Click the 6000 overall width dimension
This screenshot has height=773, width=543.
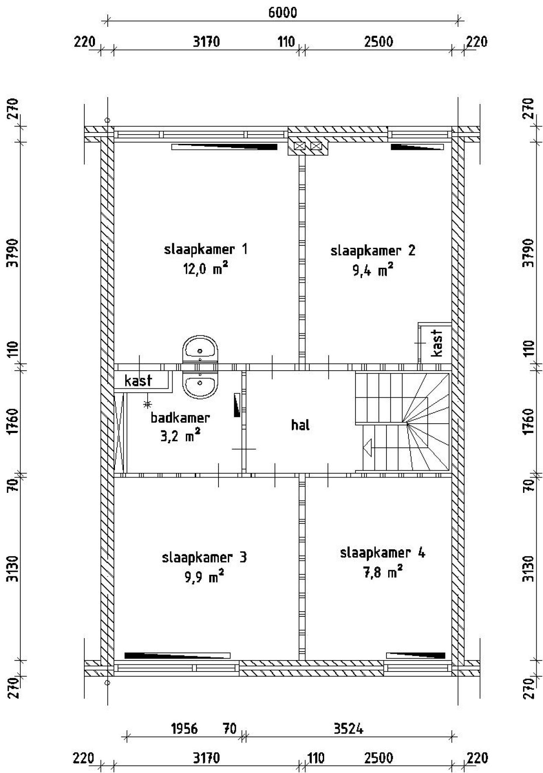[283, 13]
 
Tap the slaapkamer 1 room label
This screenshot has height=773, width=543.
[205, 249]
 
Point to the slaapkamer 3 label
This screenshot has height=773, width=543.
[204, 557]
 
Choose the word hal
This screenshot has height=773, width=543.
[300, 425]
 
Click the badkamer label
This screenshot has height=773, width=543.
[180, 418]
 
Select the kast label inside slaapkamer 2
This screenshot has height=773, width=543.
[437, 343]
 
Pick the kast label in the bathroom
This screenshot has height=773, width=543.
[138, 381]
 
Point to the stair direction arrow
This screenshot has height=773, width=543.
[367, 447]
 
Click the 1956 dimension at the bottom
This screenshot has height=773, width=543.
[184, 729]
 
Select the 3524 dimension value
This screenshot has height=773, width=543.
[348, 729]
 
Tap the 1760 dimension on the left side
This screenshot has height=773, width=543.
[14, 421]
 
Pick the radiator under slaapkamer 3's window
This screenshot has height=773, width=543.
[177, 655]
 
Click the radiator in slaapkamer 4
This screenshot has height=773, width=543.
[416, 655]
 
